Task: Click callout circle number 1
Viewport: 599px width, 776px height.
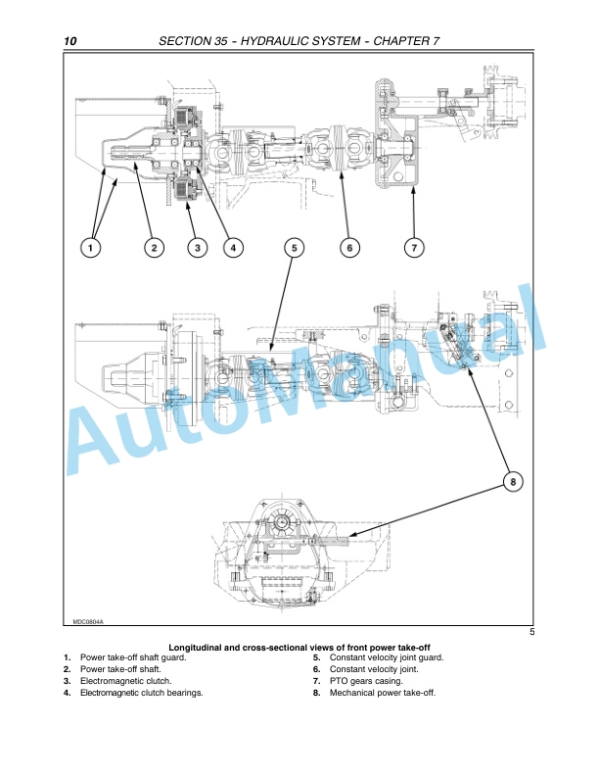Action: point(90,248)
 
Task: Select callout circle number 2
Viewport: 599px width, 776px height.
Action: point(155,248)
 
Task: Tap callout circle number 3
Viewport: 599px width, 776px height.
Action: point(197,248)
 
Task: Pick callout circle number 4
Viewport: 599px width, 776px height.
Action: point(233,248)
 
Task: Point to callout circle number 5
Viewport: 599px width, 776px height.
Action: point(294,248)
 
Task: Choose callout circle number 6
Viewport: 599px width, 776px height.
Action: point(349,248)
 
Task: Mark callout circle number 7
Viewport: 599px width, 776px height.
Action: point(414,248)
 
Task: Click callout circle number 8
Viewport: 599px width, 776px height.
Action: point(513,481)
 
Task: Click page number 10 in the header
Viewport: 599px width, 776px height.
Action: point(70,41)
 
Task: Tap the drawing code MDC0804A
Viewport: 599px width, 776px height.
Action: point(88,621)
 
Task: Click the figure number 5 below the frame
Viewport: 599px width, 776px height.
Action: point(531,632)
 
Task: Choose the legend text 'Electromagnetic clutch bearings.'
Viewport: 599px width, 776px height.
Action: point(142,693)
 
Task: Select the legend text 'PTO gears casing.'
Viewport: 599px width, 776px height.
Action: point(366,681)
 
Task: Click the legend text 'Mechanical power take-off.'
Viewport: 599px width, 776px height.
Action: point(383,693)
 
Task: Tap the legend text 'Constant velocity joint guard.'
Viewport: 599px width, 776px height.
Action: point(387,657)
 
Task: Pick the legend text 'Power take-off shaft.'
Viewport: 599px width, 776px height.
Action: point(120,669)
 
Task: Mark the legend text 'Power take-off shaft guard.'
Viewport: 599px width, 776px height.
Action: point(133,657)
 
